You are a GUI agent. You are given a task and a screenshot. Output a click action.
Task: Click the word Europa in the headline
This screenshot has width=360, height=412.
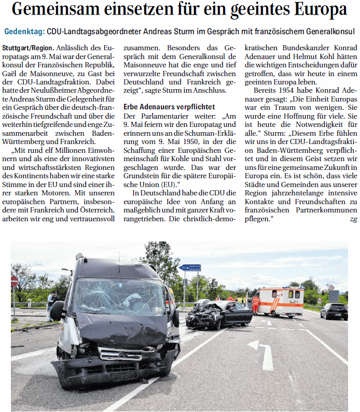tap(314, 10)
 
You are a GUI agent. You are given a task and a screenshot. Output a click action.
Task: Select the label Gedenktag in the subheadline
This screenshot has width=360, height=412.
tap(24, 32)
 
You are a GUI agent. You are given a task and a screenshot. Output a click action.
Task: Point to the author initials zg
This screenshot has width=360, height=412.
tap(353, 220)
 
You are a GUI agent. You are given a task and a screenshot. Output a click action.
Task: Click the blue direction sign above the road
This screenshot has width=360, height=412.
tap(189, 268)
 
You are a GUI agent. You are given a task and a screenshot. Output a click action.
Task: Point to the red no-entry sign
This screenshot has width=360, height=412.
tap(15, 280)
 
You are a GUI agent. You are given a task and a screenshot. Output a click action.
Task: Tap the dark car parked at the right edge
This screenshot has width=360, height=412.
tap(334, 311)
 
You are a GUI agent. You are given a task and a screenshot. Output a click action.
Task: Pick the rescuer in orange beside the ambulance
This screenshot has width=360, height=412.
tap(255, 303)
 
